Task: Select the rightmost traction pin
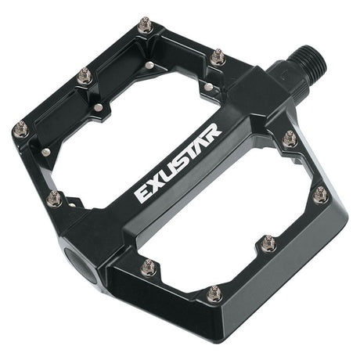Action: pyautogui.click(x=320, y=194)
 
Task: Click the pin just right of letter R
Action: pyautogui.click(x=289, y=139)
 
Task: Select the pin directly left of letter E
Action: pyautogui.click(x=54, y=198)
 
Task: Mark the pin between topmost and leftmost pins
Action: pyautogui.click(x=85, y=76)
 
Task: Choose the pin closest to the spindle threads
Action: pyautogui.click(x=218, y=56)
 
